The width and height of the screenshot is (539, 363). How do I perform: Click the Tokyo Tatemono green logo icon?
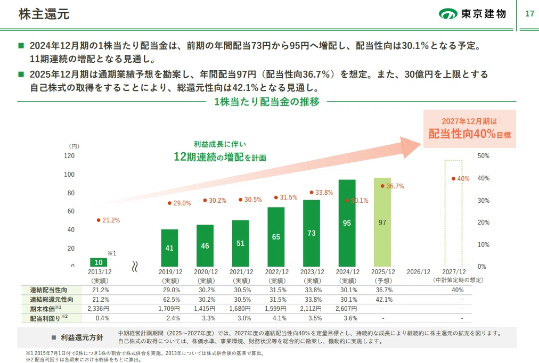click(448, 14)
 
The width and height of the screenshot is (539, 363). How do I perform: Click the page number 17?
click(530, 14)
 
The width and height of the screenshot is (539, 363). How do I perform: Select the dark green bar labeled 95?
click(347, 223)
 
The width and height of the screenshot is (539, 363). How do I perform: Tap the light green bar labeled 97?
click(382, 222)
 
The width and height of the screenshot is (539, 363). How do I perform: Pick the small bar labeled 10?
click(99, 262)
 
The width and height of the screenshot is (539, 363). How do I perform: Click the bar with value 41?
click(169, 248)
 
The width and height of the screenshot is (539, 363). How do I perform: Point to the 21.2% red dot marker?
click(99, 220)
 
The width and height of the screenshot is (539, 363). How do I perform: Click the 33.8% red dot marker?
click(312, 192)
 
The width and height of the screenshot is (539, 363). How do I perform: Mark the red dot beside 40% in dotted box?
click(453, 179)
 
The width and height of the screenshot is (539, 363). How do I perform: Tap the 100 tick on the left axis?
click(69, 175)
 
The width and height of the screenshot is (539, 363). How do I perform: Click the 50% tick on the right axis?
click(483, 156)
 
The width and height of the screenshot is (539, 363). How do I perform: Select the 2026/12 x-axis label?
click(418, 271)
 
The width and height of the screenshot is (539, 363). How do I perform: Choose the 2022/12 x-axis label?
click(277, 271)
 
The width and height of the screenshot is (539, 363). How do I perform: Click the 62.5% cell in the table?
click(171, 300)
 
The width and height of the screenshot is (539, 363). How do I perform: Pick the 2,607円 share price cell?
click(346, 309)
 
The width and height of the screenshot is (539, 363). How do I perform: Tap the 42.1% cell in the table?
click(384, 300)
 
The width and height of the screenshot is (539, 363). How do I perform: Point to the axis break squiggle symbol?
click(135, 267)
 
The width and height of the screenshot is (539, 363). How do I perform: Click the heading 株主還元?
click(44, 14)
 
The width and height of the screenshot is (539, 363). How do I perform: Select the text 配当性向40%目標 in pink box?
click(470, 134)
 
